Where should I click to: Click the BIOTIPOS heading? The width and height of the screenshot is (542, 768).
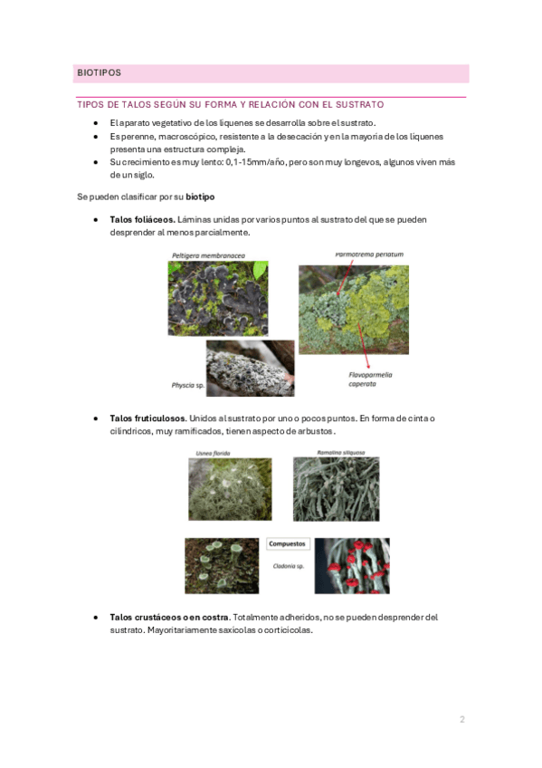99,73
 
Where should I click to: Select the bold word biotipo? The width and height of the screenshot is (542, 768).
200,197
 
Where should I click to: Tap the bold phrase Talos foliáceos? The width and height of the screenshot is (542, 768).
142,219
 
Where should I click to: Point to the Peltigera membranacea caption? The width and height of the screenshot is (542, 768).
208,255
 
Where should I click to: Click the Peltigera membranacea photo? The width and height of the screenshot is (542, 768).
218,298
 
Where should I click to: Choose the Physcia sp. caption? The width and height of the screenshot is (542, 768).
188,386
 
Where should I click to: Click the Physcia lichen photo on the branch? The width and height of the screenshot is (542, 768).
251,369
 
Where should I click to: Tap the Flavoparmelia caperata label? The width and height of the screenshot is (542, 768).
370,379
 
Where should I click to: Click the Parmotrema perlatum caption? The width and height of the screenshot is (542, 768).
369,254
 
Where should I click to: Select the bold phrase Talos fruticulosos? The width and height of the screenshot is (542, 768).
147,418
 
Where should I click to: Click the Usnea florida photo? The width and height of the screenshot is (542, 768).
230,489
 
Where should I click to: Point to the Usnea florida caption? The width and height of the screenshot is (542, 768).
213,453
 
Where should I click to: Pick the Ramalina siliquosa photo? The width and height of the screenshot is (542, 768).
336,489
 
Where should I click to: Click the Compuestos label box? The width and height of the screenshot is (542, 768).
287,544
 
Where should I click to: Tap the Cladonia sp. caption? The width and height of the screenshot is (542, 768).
289,566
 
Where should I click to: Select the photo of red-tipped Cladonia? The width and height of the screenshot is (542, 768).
352,566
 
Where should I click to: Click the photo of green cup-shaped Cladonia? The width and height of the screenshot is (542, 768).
222,566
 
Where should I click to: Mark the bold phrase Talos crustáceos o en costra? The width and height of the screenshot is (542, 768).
169,617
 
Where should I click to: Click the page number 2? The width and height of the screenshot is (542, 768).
462,719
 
